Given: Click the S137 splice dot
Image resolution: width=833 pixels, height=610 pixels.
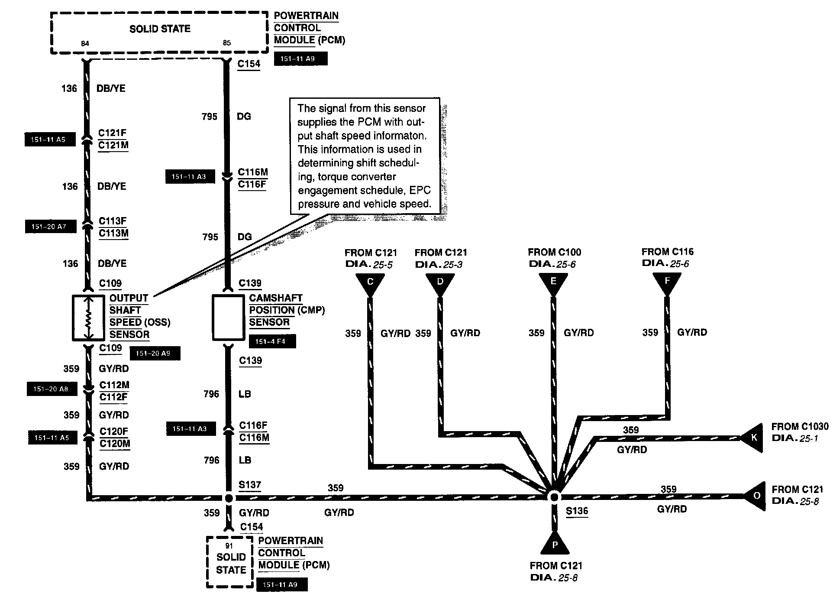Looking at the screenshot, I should click(229, 498).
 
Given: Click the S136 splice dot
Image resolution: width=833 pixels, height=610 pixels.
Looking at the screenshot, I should click(554, 497).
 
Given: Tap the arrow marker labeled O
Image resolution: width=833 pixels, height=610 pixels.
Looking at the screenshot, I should click(756, 496).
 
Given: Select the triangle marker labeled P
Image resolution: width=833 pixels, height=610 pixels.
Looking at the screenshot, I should click(555, 544).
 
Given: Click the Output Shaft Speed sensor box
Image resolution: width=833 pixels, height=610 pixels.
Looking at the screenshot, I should click(88, 318).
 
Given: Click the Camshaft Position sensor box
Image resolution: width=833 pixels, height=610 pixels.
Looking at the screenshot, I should click(228, 318).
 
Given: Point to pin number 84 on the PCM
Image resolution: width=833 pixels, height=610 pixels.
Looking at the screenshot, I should click(85, 43).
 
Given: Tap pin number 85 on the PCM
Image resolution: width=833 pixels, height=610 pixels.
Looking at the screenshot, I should click(227, 43).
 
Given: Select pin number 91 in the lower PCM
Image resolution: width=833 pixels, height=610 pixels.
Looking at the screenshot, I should click(229, 546).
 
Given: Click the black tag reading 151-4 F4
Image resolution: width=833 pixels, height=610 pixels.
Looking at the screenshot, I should click(273, 341).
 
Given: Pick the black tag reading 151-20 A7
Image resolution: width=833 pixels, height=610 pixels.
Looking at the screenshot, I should click(51, 227).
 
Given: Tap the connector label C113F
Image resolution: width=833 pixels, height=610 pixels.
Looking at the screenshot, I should click(113, 221).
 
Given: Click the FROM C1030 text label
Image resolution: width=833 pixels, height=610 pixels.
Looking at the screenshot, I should click(800, 427).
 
